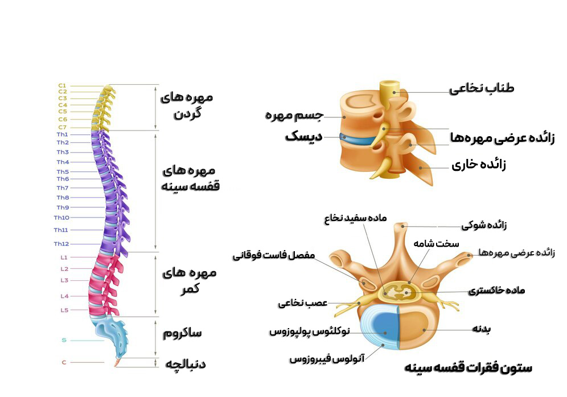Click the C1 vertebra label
pos(62,85)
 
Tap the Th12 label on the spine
pos(61,244)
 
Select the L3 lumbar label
pos(64,280)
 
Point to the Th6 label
pos(63,179)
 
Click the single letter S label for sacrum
pos(64,341)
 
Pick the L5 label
pos(64,310)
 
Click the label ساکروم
pos(182,333)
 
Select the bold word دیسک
pos(303,137)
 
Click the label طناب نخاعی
pos(481,88)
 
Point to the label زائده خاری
pos(478,166)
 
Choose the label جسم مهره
pos(294,116)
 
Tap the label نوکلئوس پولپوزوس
pos(310,331)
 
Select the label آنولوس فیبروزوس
pos(326,359)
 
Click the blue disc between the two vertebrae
pos(358,138)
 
